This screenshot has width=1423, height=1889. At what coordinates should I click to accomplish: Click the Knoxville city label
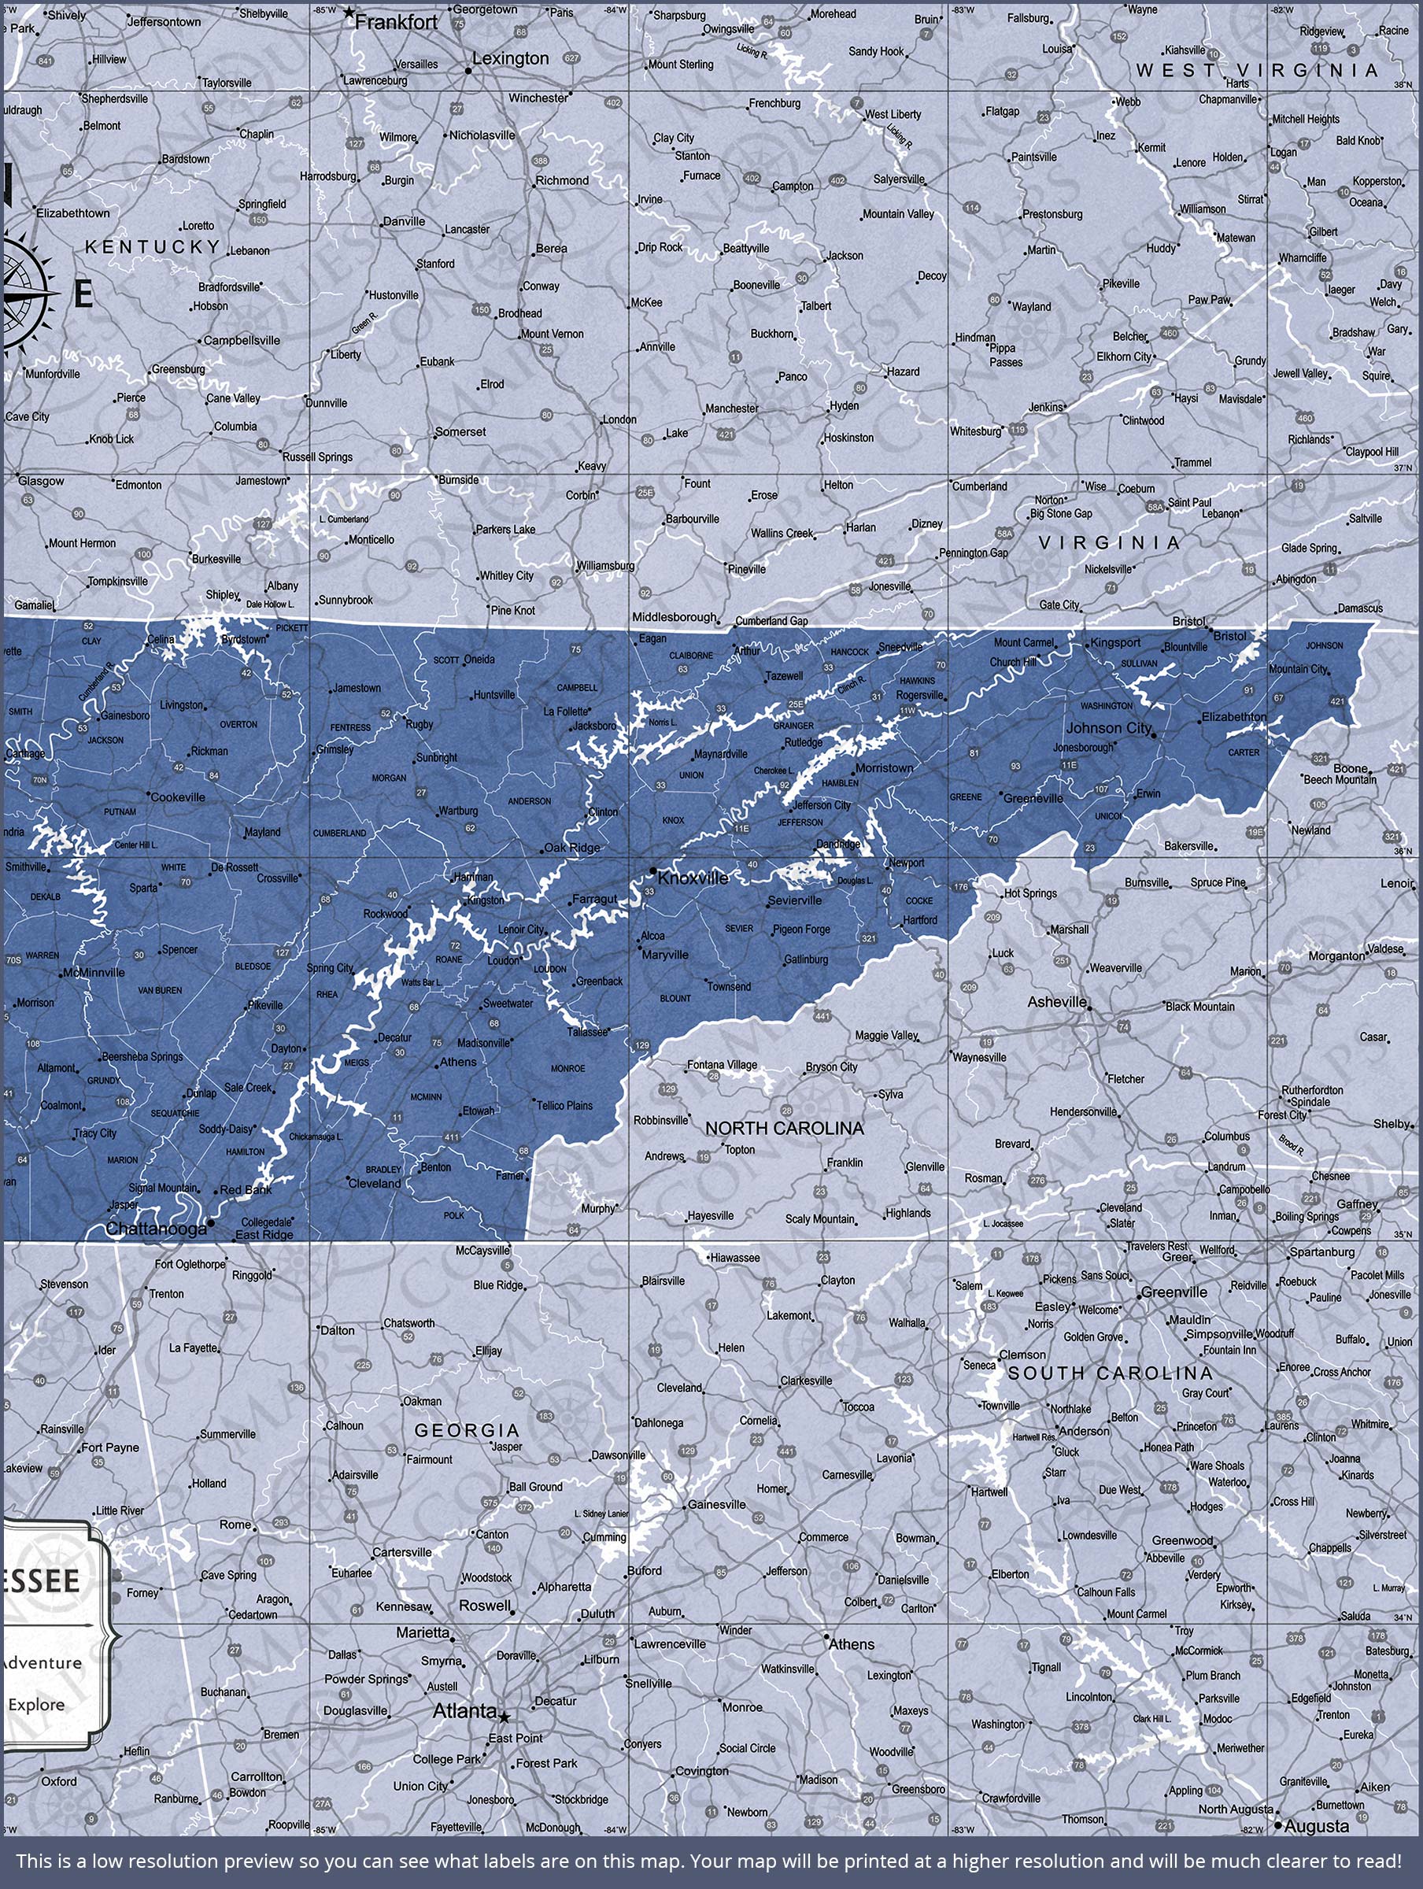(x=693, y=878)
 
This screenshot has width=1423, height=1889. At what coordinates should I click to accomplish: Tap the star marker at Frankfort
(x=348, y=13)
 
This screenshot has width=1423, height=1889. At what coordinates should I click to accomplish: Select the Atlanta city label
(x=464, y=1710)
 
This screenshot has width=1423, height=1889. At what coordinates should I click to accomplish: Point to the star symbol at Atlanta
(x=505, y=1717)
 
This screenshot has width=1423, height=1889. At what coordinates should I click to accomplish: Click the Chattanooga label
(x=157, y=1228)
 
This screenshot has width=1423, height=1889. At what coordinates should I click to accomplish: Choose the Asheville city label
(x=1056, y=1001)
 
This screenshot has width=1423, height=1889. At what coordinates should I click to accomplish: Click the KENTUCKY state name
(x=152, y=247)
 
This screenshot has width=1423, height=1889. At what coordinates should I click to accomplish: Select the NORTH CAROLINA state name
(x=784, y=1128)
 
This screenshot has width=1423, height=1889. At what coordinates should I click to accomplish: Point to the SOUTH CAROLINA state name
(x=1110, y=1373)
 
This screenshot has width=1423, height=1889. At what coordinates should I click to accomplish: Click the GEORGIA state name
(x=467, y=1429)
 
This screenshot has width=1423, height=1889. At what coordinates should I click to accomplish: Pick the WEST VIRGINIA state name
(x=1257, y=71)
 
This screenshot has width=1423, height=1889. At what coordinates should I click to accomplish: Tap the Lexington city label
(x=510, y=58)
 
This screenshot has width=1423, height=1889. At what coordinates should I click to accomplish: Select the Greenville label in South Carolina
(x=1174, y=1292)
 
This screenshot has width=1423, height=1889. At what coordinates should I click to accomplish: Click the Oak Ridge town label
(x=572, y=848)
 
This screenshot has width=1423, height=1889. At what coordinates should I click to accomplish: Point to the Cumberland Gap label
(x=771, y=621)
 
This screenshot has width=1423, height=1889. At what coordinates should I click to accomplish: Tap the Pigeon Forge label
(x=800, y=929)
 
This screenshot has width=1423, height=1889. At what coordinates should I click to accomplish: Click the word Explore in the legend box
(x=36, y=1705)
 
